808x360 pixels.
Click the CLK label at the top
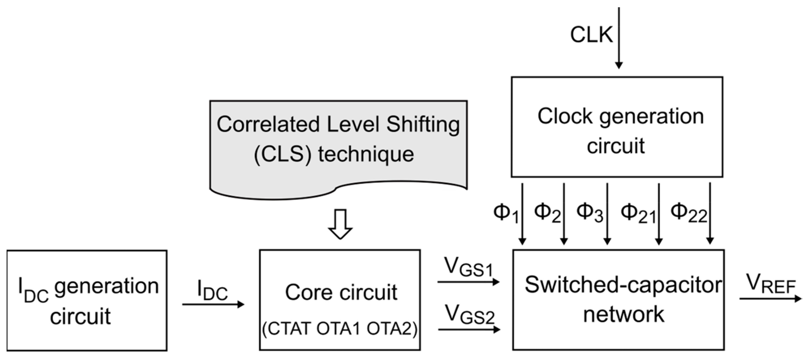[x=591, y=35]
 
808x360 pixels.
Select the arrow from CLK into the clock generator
[x=619, y=37]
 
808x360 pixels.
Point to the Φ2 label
[x=547, y=213]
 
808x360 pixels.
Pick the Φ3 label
[x=589, y=213]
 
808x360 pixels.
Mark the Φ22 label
[x=688, y=214]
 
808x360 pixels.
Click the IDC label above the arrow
[x=212, y=290]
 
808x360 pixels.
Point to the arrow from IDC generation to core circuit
[x=213, y=304]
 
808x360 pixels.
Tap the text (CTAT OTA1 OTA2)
[x=340, y=330]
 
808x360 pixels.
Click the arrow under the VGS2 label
[x=469, y=330]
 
